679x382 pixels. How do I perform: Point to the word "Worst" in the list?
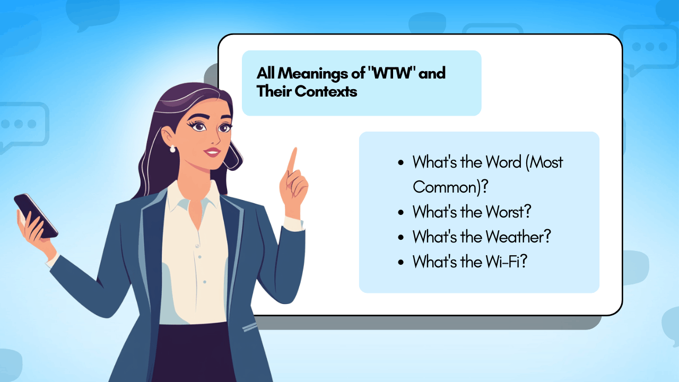point(508,212)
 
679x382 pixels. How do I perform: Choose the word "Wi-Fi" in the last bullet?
point(506,262)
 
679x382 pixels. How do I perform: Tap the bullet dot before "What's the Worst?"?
point(401,212)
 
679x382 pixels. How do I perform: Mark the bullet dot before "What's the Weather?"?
point(401,237)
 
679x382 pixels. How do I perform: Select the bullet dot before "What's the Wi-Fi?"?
point(401,262)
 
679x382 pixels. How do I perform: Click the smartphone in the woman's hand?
point(36,216)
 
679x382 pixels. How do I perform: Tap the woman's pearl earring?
point(172,149)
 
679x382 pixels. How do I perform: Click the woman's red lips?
point(212,152)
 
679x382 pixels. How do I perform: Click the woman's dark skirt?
point(194,353)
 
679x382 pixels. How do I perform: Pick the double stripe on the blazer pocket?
point(250,327)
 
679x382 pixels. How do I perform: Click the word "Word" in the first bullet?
point(503,162)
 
